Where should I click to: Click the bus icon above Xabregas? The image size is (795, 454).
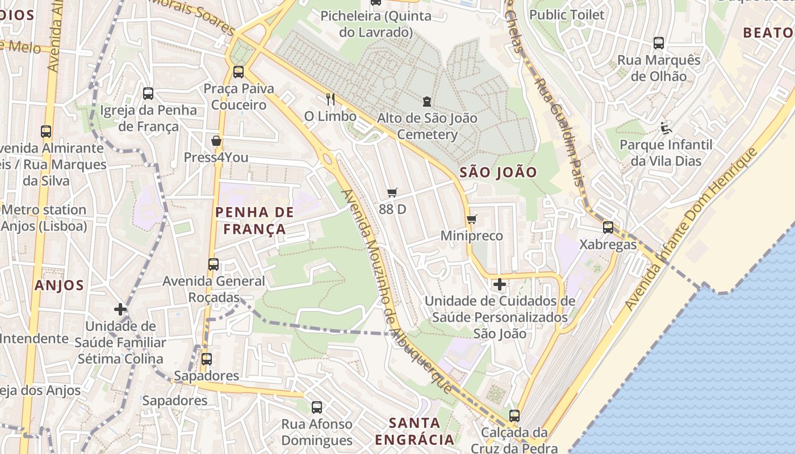click(608, 228)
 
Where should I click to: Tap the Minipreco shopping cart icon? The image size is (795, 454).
click(471, 219)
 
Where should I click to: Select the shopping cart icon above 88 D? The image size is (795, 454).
click(392, 192)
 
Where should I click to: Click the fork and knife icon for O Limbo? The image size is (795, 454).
click(330, 99)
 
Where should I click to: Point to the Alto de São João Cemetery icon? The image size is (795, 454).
click(426, 102)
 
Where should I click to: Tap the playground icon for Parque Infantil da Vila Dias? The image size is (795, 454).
click(666, 128)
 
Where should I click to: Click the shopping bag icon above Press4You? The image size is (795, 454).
click(216, 141)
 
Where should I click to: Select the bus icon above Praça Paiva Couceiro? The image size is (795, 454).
click(238, 72)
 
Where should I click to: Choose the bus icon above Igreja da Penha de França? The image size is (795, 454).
click(148, 94)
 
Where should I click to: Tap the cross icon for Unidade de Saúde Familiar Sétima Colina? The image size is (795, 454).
click(120, 309)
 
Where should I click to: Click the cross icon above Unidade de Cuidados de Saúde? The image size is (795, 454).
click(499, 284)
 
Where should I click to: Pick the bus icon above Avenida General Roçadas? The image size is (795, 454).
click(214, 264)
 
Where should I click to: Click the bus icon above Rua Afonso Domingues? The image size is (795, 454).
click(317, 407)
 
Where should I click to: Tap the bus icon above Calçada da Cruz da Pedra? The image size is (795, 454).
click(514, 416)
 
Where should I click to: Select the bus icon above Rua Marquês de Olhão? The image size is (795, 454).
click(659, 43)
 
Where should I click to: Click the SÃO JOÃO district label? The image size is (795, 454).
click(498, 173)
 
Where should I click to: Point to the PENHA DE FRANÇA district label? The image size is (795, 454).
click(254, 221)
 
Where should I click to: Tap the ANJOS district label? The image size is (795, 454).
click(59, 285)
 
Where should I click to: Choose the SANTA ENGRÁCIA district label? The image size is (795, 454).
click(415, 431)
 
